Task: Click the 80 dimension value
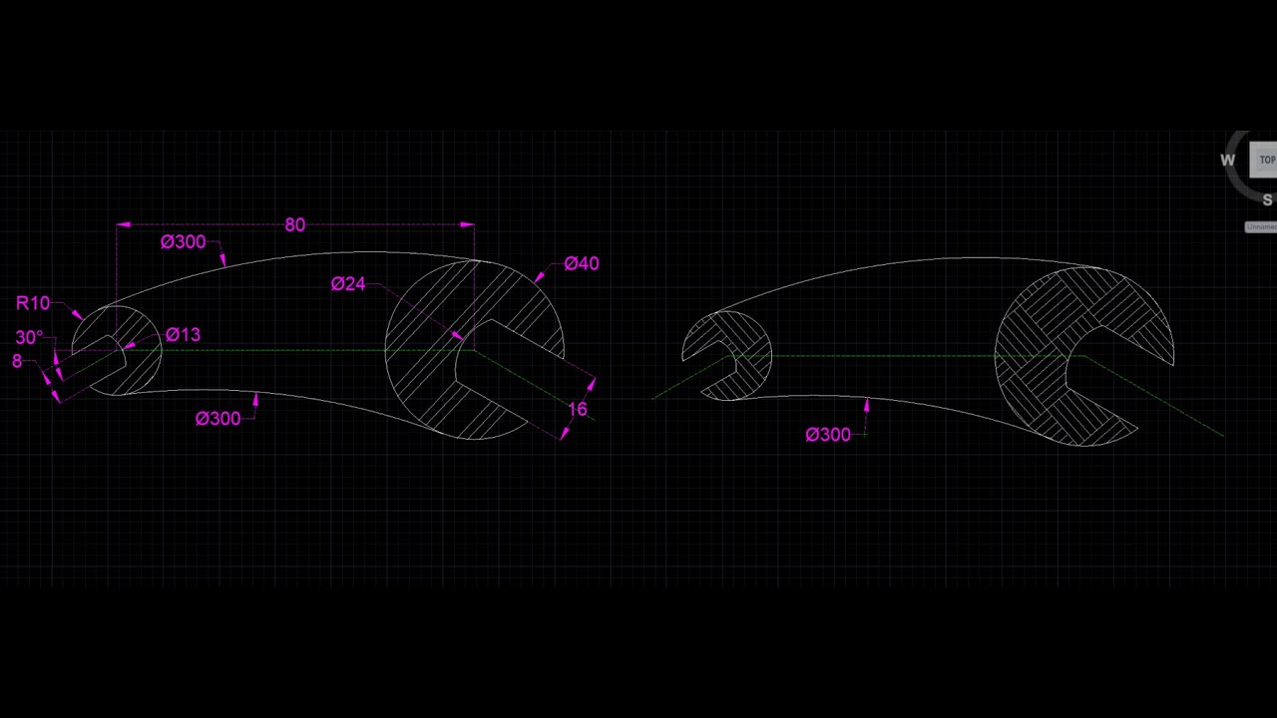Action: pos(294,225)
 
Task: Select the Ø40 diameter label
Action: pos(581,263)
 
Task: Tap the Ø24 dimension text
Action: pos(348,284)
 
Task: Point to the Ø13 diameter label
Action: pos(183,335)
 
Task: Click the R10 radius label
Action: pos(33,303)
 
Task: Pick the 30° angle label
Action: pos(29,338)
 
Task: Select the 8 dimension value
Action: pos(17,361)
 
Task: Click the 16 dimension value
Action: pos(578,409)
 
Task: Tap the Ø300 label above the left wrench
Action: pos(183,242)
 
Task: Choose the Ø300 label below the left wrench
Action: pos(217,419)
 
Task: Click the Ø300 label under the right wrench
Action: pos(827,435)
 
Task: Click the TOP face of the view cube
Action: pos(1266,160)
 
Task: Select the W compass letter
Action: pos(1227,161)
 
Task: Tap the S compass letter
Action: pos(1267,200)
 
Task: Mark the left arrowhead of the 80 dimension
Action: pos(123,225)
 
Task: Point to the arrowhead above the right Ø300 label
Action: pos(866,405)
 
